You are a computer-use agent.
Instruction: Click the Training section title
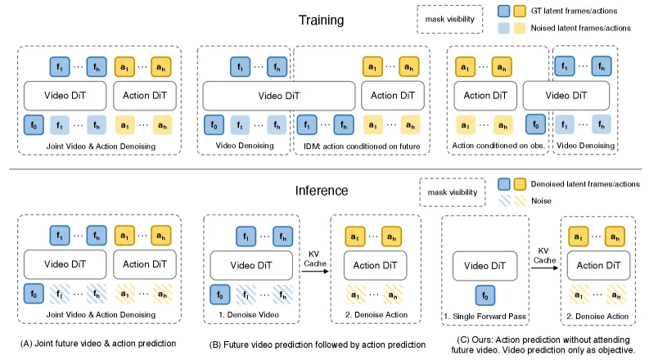[321, 20]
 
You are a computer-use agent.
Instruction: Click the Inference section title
[322, 191]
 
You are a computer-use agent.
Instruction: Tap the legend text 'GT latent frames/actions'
[574, 11]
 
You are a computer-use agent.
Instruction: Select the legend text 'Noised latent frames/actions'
[581, 28]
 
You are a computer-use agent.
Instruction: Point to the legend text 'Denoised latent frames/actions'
[585, 184]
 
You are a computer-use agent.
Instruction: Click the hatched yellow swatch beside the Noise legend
[520, 200]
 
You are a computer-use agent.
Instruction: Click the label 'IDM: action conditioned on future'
[362, 146]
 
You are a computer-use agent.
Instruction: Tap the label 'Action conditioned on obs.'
[498, 146]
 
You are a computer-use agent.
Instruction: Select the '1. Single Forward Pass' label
[485, 316]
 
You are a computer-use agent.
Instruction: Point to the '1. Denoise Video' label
[249, 314]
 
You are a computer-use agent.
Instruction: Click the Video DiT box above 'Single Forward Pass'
[485, 266]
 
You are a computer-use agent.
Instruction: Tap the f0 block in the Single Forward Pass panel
[485, 295]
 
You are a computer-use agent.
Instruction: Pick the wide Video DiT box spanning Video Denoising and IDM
[279, 96]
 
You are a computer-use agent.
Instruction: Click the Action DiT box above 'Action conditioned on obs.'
[485, 96]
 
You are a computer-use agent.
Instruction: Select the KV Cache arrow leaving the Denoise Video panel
[315, 271]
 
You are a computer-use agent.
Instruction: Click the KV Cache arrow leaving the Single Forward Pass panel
[545, 268]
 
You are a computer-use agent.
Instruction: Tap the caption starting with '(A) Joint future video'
[98, 344]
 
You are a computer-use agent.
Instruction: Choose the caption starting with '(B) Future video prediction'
[318, 344]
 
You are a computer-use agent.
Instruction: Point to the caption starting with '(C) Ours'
[543, 344]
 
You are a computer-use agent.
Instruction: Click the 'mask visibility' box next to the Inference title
[453, 192]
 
